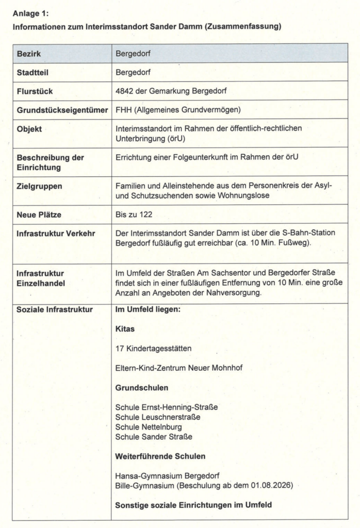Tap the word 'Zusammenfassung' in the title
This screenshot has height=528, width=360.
coord(240,27)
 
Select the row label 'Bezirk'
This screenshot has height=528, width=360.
coord(28,53)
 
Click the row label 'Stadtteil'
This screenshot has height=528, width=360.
coord(32,72)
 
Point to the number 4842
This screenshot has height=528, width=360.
coord(125,91)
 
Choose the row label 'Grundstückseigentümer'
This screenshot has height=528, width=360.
coord(62,110)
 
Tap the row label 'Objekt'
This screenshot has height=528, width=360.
coord(29,129)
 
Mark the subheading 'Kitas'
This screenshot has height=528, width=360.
coord(125,328)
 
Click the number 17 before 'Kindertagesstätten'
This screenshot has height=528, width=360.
coord(120,348)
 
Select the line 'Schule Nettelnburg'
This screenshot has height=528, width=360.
coord(149,427)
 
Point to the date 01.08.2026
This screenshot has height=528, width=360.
coord(263,485)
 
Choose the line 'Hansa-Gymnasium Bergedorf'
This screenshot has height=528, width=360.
coord(163,475)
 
